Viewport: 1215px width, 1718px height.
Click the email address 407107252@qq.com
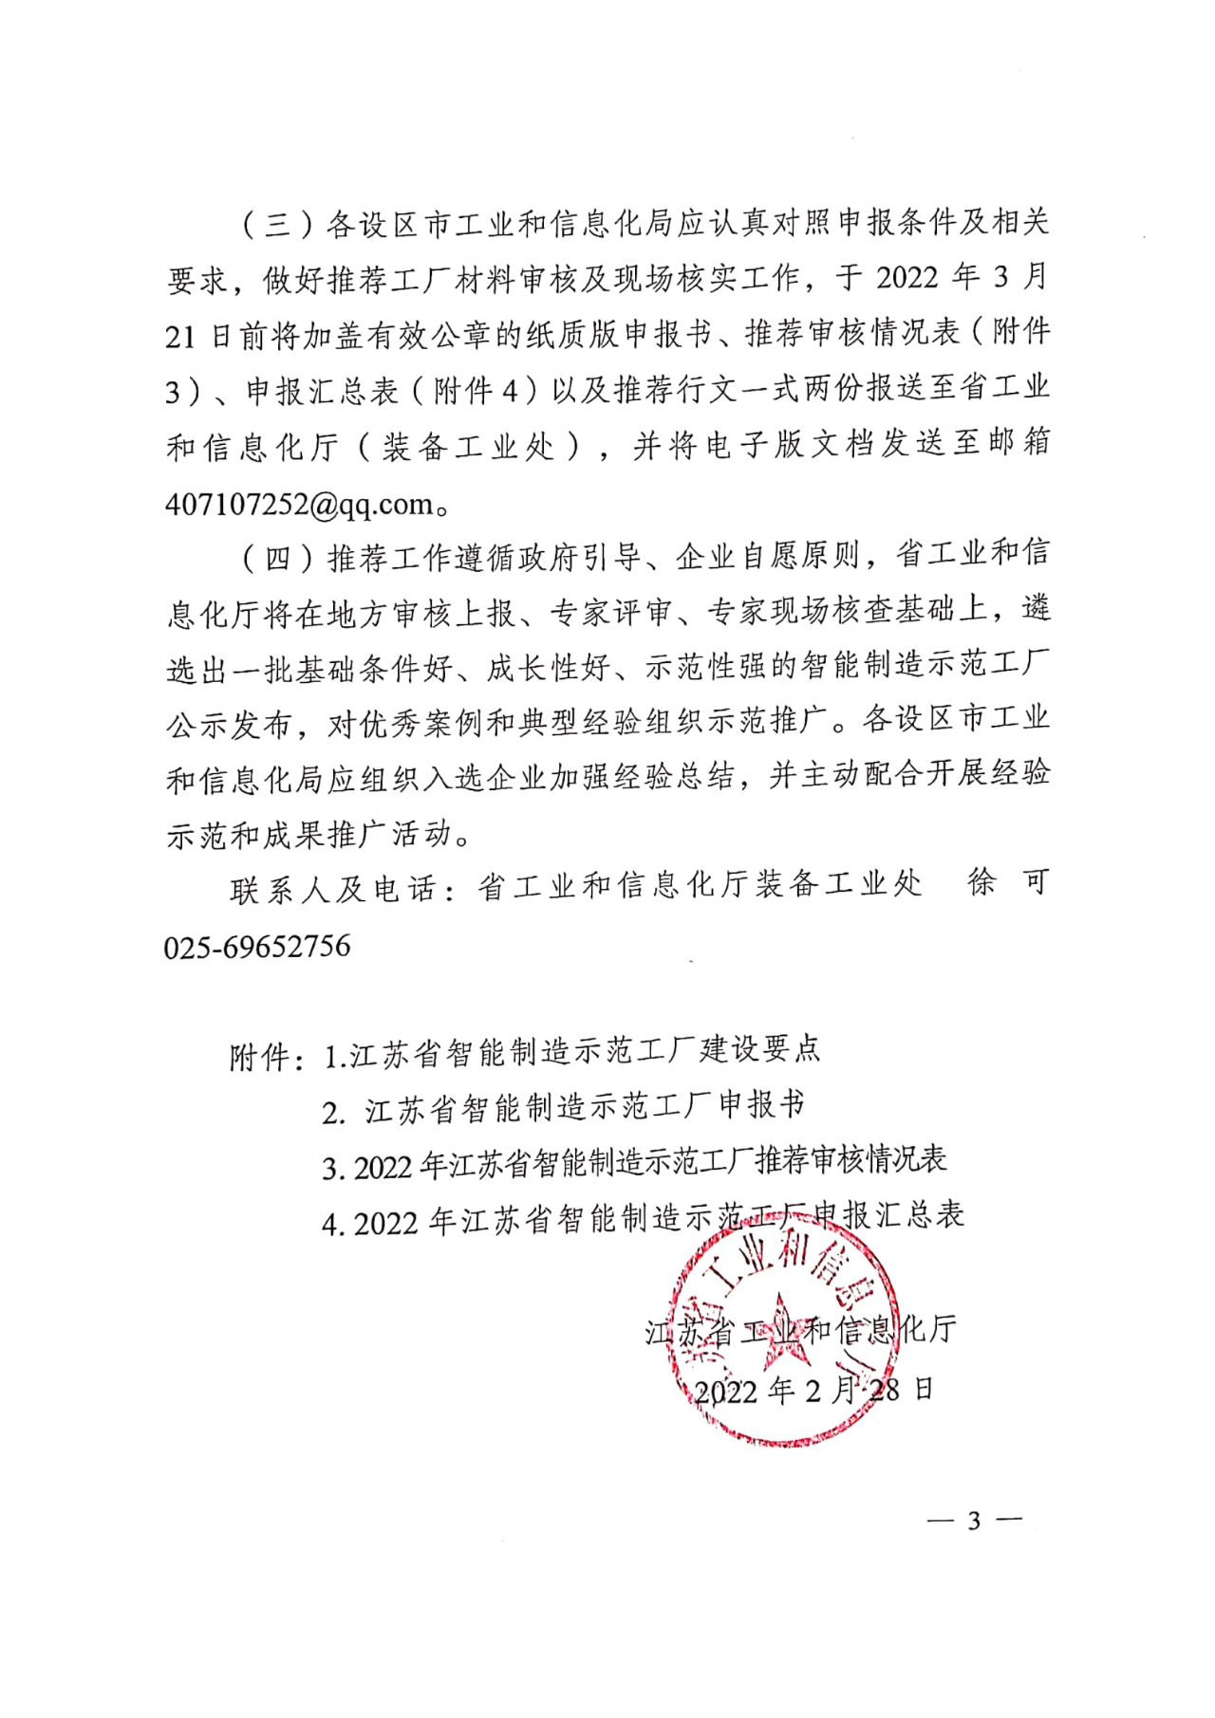300,504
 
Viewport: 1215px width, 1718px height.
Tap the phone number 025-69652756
257,946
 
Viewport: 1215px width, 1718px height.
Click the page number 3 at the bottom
973,1521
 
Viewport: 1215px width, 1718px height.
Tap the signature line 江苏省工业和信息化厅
801,1330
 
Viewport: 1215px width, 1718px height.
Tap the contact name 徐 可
1008,883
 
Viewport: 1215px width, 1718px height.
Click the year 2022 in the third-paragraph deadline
907,278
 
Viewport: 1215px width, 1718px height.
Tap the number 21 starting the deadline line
180,336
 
